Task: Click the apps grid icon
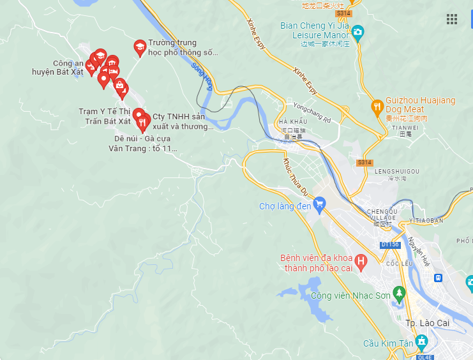pyautogui.click(x=452, y=19)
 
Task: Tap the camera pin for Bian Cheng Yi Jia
pyautogui.click(x=357, y=31)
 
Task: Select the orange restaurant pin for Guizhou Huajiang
pyautogui.click(x=377, y=106)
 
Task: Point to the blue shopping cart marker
pyautogui.click(x=320, y=204)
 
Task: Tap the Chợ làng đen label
pyautogui.click(x=285, y=206)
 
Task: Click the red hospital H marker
pyautogui.click(x=361, y=261)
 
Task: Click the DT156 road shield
pyautogui.click(x=389, y=245)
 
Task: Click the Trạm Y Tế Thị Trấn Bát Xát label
pyautogui.click(x=105, y=116)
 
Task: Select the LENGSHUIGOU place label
pyautogui.click(x=396, y=172)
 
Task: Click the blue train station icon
pyautogui.click(x=439, y=278)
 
